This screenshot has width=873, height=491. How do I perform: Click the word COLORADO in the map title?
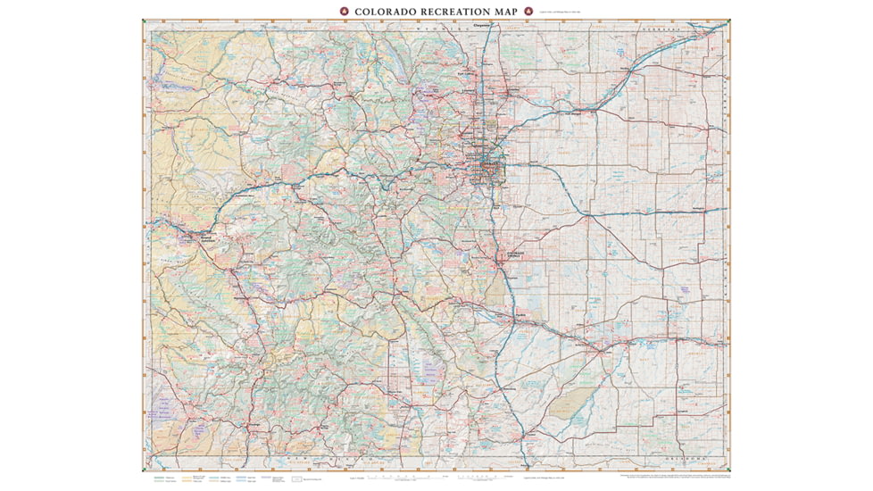point(386,12)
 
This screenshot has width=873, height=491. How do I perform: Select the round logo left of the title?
point(343,12)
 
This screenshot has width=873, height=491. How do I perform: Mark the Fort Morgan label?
point(573,114)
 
